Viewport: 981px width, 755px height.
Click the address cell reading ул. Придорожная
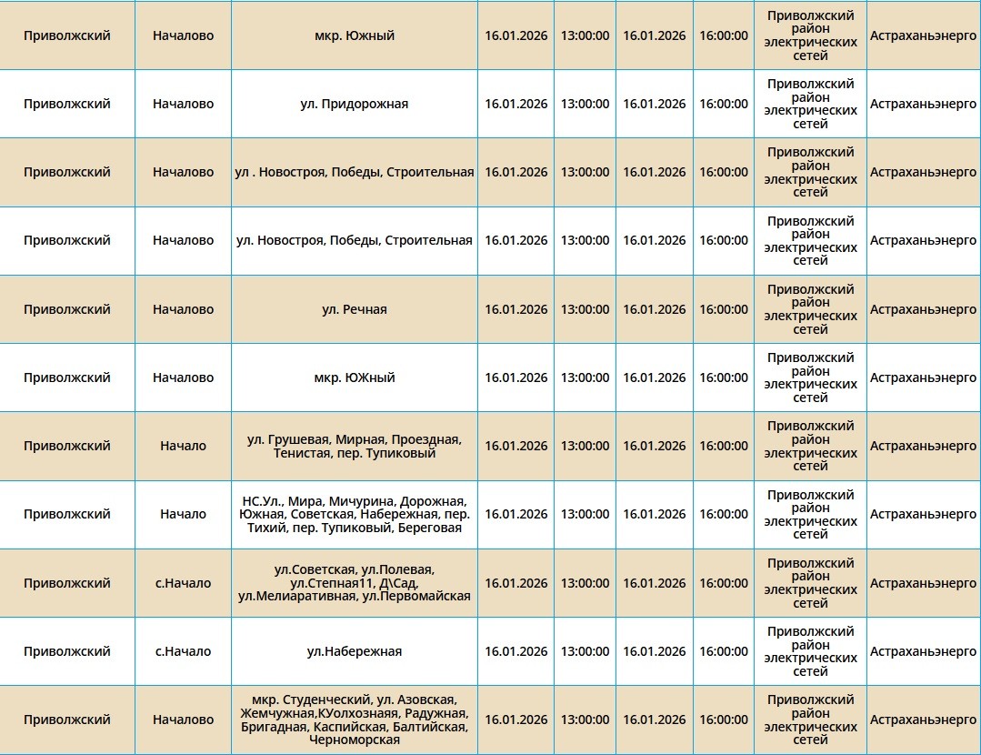pos(354,104)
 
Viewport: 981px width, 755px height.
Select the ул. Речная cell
pos(354,309)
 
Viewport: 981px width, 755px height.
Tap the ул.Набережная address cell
pos(354,651)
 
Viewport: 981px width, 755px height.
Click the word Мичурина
pos(357,501)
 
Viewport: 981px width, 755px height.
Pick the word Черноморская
pos(355,740)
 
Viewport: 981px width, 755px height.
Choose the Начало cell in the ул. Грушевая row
pos(183,446)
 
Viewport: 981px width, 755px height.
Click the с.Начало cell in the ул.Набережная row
pos(183,651)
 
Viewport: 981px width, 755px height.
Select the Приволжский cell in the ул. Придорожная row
pos(67,104)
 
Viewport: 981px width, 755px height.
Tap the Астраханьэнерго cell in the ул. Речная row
pos(923,309)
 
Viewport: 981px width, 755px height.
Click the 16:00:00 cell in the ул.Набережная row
pos(724,651)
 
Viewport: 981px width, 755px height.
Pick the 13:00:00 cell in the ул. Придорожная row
pos(585,104)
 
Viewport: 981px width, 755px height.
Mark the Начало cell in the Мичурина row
pos(183,514)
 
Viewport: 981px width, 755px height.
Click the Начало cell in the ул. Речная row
pos(183,309)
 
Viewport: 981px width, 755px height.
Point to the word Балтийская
pos(430,727)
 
